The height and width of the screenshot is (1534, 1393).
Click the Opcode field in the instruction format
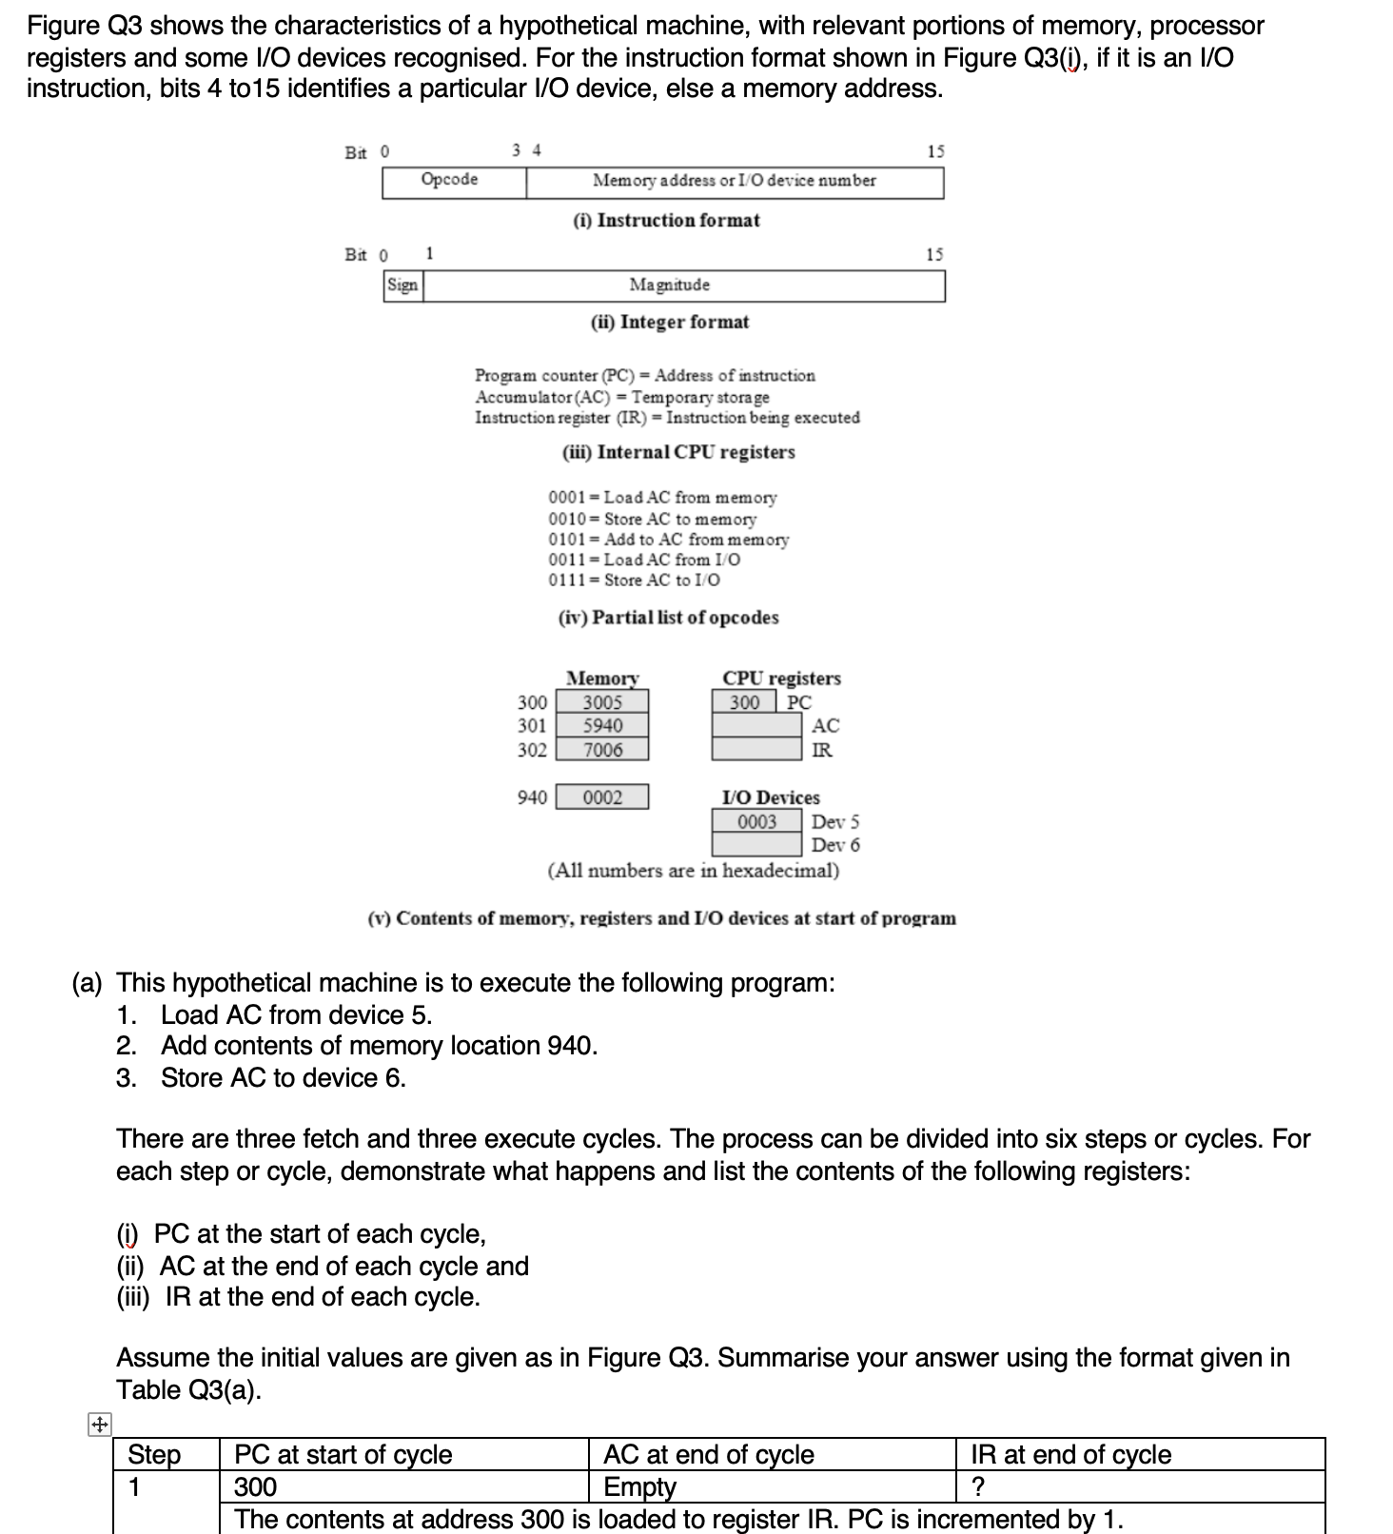pos(450,181)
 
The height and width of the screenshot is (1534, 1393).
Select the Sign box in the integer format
pos(402,285)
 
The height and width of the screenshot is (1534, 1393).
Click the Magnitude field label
pos(669,285)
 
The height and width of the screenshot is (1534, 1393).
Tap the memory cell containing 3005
pos(602,702)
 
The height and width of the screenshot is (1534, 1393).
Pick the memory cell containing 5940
pos(602,726)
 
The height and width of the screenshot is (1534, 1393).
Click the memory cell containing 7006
pos(602,750)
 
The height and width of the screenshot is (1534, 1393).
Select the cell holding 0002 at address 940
pos(602,797)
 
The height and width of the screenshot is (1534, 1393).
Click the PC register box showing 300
pos(745,702)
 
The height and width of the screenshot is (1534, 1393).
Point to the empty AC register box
pos(757,726)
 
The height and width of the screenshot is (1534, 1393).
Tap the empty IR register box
pos(757,750)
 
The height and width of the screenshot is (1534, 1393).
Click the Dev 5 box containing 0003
pos(757,821)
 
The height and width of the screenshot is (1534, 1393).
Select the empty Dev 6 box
pos(757,845)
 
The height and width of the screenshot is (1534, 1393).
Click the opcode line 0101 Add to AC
pos(669,540)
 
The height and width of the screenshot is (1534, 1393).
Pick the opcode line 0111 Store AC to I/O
pos(635,580)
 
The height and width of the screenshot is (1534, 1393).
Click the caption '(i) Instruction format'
pos(666,221)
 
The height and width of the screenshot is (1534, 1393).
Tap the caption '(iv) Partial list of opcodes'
pos(668,618)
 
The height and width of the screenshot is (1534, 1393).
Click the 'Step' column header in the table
pos(154,1455)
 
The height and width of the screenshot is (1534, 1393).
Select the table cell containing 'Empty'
pos(640,1486)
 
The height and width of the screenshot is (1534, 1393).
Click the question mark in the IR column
pos(977,1486)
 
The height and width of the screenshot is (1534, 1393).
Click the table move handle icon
pos(99,1426)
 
